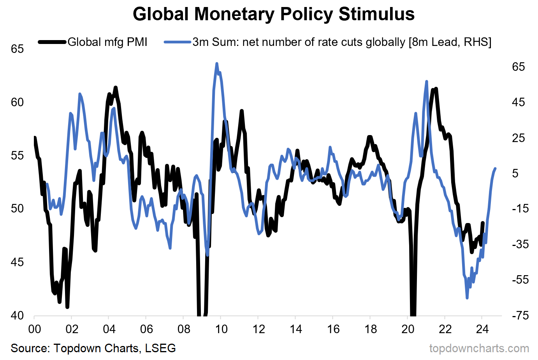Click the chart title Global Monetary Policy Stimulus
click(x=273, y=14)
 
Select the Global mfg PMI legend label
click(x=107, y=42)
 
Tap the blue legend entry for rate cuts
click(x=341, y=42)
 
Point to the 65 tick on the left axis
click(x=17, y=49)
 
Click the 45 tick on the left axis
click(x=17, y=262)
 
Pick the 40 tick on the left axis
click(x=17, y=316)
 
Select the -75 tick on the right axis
click(x=518, y=316)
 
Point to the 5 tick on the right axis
click(x=515, y=173)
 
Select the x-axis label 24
click(x=482, y=329)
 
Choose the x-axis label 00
click(x=35, y=329)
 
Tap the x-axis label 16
click(x=333, y=329)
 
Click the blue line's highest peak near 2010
click(x=217, y=63)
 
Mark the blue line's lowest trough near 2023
click(x=467, y=298)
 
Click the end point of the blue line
click(x=495, y=169)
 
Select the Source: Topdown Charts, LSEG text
click(x=93, y=348)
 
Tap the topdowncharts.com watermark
click(x=479, y=348)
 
